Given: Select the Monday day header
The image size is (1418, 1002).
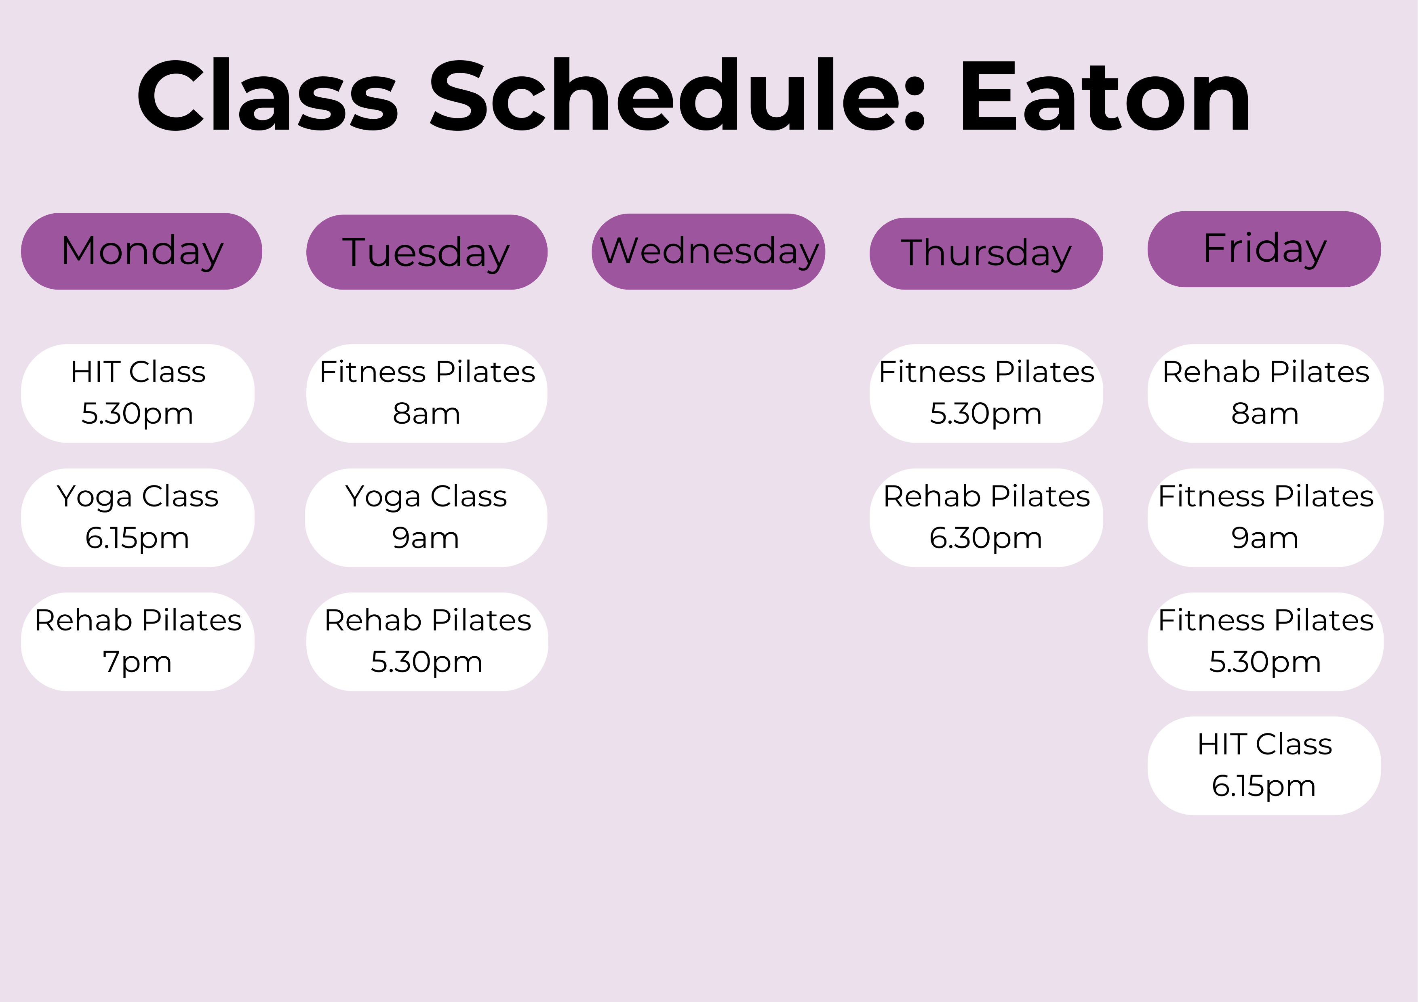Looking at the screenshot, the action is (141, 251).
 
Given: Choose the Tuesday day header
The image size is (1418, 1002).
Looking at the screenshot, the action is (427, 252).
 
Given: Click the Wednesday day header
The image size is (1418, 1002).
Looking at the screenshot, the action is (708, 251).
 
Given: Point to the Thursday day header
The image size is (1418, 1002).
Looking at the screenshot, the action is (986, 253).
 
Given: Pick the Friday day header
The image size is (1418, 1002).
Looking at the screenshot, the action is (1264, 249).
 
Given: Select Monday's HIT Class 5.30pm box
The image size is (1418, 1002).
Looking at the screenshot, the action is (138, 393).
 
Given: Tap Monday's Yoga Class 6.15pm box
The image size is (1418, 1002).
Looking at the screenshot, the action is (138, 517).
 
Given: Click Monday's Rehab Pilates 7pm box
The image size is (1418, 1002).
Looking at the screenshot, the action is (138, 641).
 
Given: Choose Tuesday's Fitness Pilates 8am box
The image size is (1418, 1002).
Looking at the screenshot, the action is (427, 393).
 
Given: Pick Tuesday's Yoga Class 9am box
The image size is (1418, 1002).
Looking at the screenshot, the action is (426, 517).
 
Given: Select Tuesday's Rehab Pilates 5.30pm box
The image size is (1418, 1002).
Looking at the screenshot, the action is (427, 641).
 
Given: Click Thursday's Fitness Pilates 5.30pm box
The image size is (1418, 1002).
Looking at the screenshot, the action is (986, 393).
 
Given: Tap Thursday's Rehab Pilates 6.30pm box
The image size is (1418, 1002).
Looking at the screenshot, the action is (986, 517).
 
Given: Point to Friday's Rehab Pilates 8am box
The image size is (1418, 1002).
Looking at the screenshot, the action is (1266, 393).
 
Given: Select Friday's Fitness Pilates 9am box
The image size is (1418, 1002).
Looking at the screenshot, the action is (1266, 517).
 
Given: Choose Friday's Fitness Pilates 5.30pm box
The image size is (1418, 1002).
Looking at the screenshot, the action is (1266, 641).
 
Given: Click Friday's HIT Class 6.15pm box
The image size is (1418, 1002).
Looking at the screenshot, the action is (1264, 766).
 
